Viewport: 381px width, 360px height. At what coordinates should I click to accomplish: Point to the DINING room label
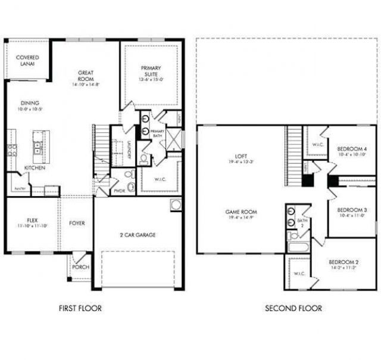(x=30, y=103)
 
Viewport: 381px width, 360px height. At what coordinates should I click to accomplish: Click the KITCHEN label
(x=35, y=167)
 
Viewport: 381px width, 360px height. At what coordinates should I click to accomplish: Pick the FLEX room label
(x=32, y=220)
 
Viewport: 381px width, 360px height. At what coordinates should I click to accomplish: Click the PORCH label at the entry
(x=80, y=267)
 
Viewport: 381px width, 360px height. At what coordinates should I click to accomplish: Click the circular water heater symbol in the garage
(x=176, y=204)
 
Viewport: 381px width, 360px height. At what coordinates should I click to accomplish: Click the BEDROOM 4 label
(x=351, y=149)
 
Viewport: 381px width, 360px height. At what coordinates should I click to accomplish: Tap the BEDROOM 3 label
(x=351, y=210)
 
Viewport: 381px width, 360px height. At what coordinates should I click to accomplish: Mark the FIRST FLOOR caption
(x=80, y=308)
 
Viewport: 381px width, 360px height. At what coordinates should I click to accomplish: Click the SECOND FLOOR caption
(x=293, y=308)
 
